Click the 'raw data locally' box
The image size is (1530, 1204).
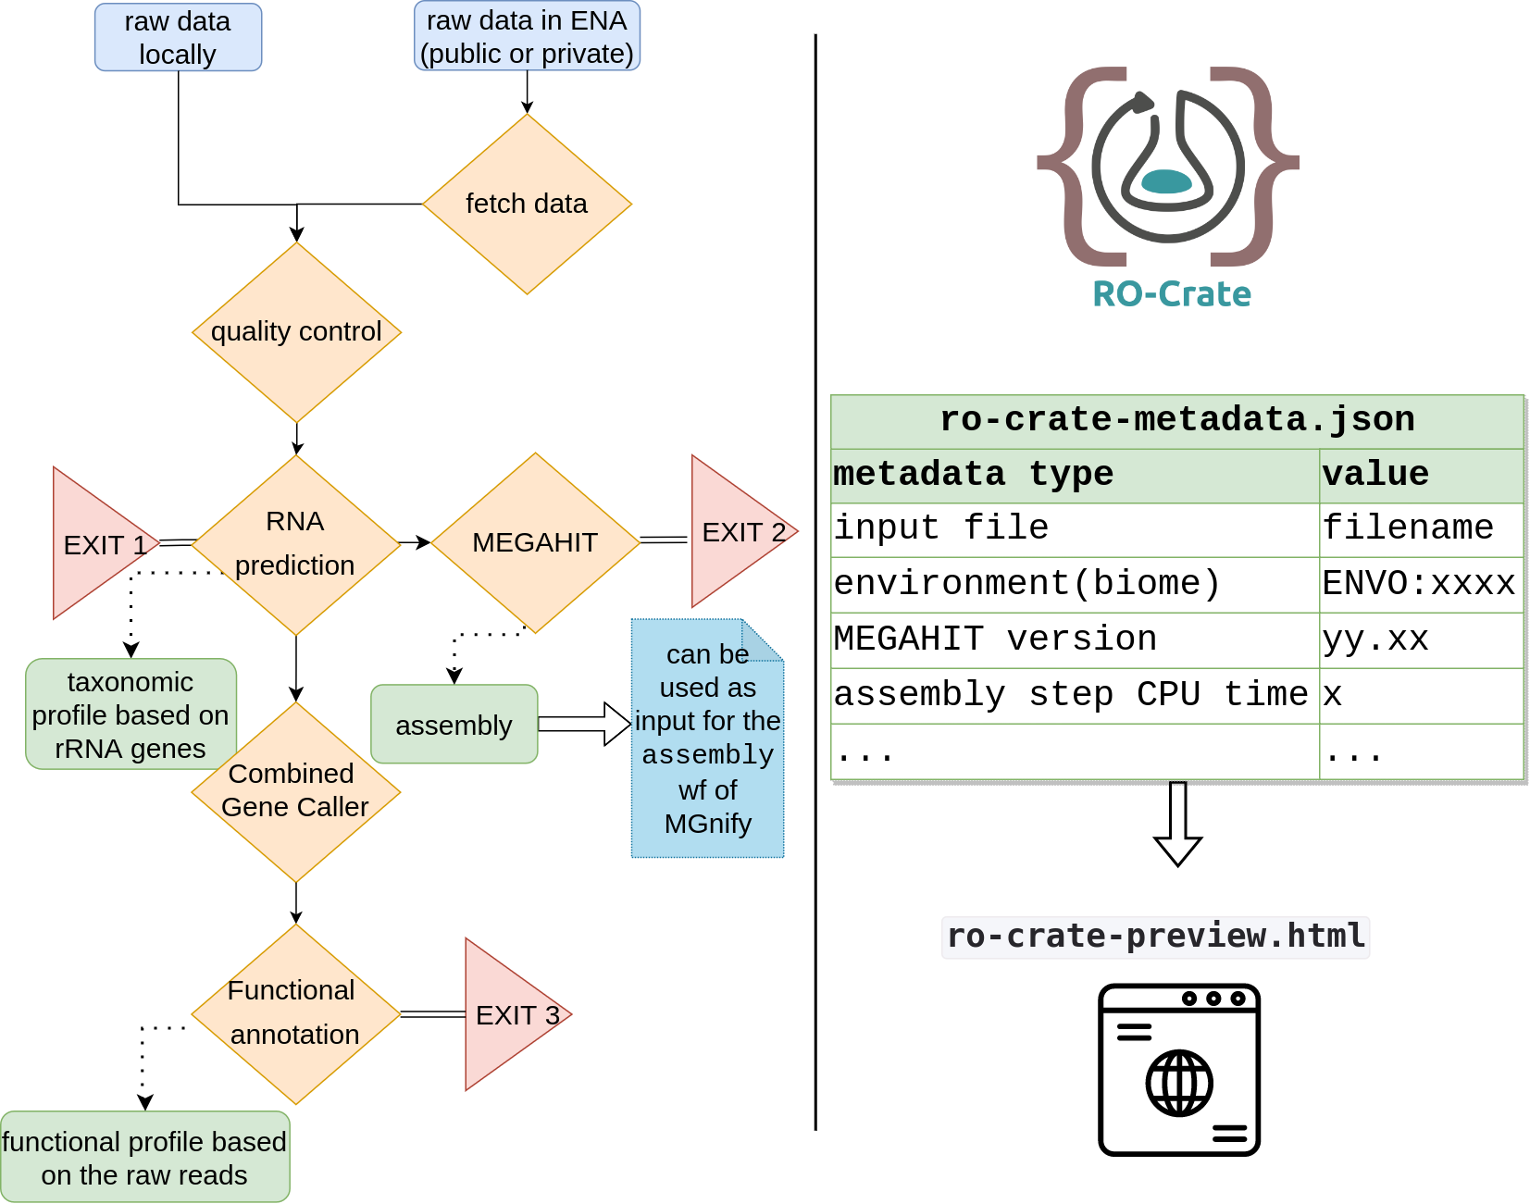[x=178, y=38]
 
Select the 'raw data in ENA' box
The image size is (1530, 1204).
[x=527, y=37]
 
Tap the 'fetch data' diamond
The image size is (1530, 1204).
[x=527, y=204]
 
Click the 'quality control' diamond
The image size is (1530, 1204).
[x=296, y=332]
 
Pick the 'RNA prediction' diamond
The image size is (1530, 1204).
[x=296, y=544]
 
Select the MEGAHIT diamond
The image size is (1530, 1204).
[x=535, y=542]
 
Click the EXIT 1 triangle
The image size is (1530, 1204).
[x=97, y=544]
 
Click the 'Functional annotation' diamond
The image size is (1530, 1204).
[x=296, y=1013]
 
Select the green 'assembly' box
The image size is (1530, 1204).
[x=454, y=725]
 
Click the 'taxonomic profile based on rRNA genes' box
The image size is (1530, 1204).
[x=130, y=714]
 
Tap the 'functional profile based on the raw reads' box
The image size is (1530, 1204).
[x=144, y=1158]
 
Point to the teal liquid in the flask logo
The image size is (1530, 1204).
[x=1167, y=181]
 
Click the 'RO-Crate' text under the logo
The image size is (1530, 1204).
[x=1172, y=294]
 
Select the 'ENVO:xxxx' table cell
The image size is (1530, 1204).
[x=1420, y=584]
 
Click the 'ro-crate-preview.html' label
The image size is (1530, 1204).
[x=1156, y=937]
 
